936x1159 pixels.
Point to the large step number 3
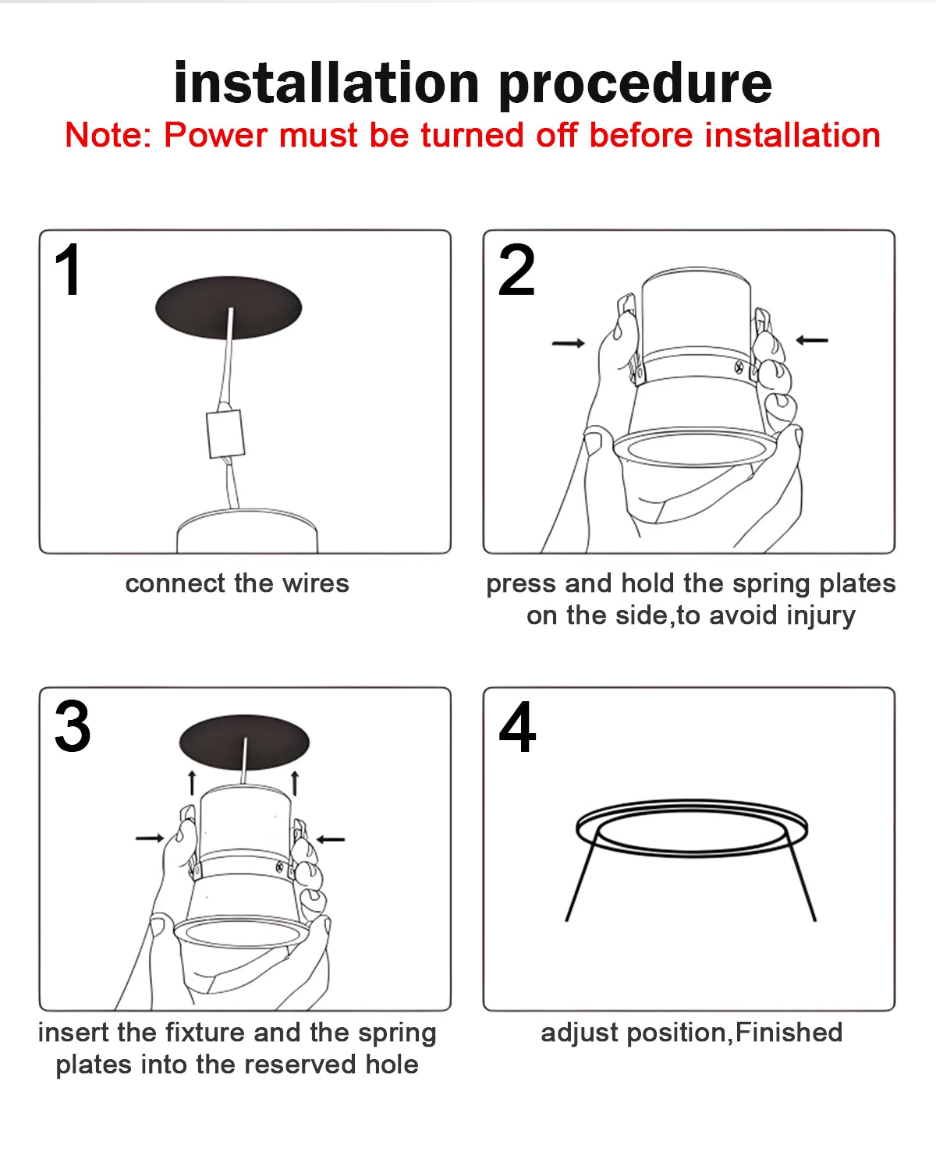click(72, 727)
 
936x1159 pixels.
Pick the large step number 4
click(517, 727)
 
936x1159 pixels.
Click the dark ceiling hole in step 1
click(228, 307)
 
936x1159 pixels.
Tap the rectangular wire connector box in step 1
click(225, 434)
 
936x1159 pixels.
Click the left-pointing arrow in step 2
click(812, 340)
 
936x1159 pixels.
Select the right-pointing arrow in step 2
click(569, 343)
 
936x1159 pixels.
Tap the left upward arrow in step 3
click(192, 782)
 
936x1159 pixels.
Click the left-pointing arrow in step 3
click(331, 839)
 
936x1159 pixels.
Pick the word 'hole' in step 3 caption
click(392, 1065)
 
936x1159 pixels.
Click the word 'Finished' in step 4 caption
click(789, 1033)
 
